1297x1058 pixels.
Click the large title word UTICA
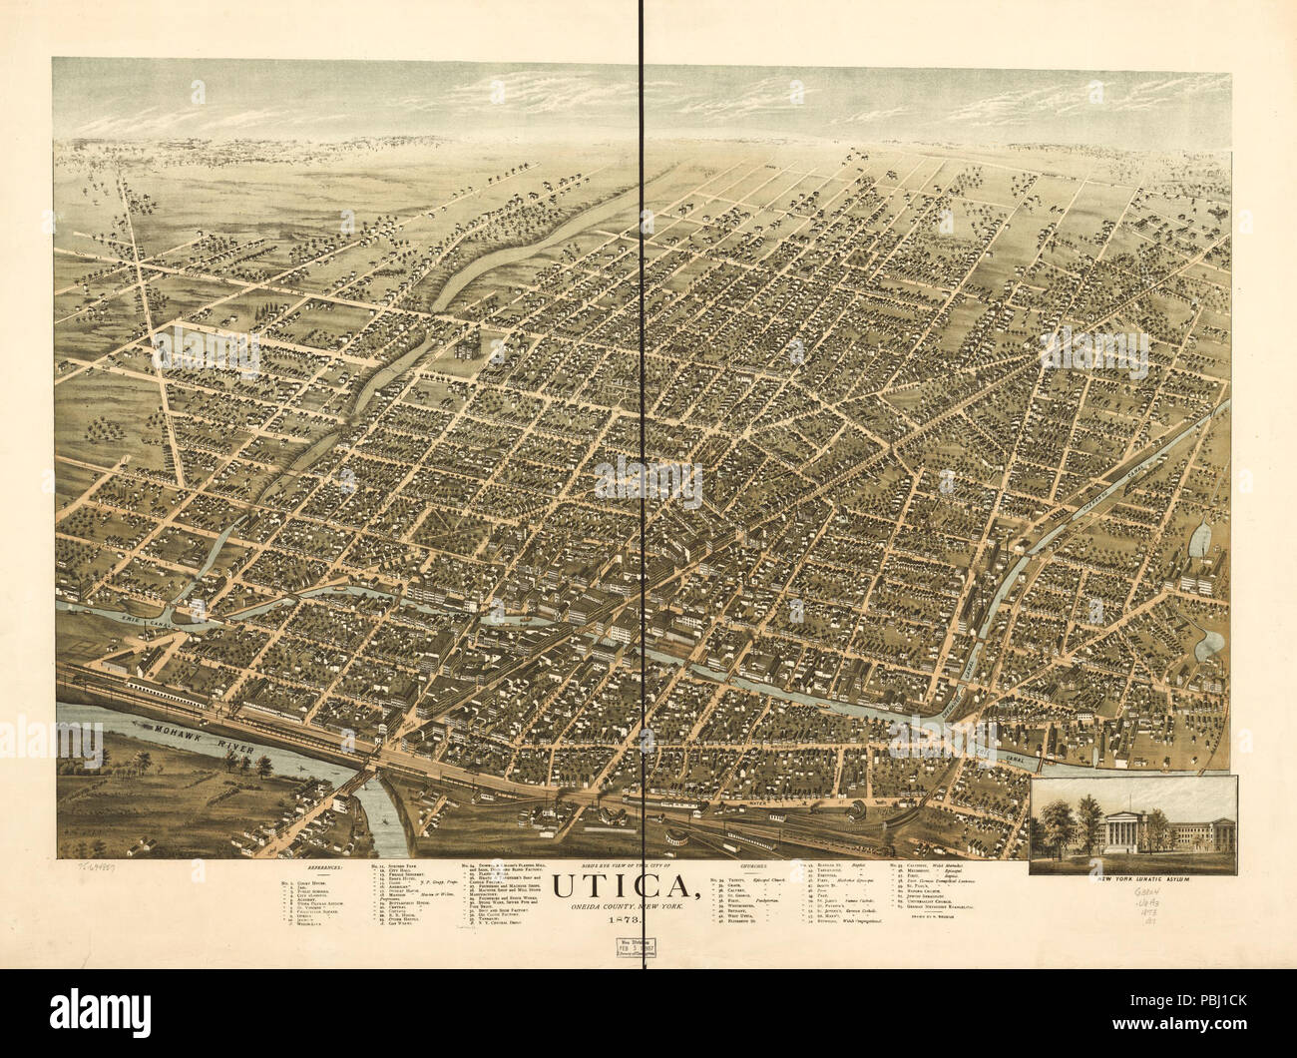(623, 886)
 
